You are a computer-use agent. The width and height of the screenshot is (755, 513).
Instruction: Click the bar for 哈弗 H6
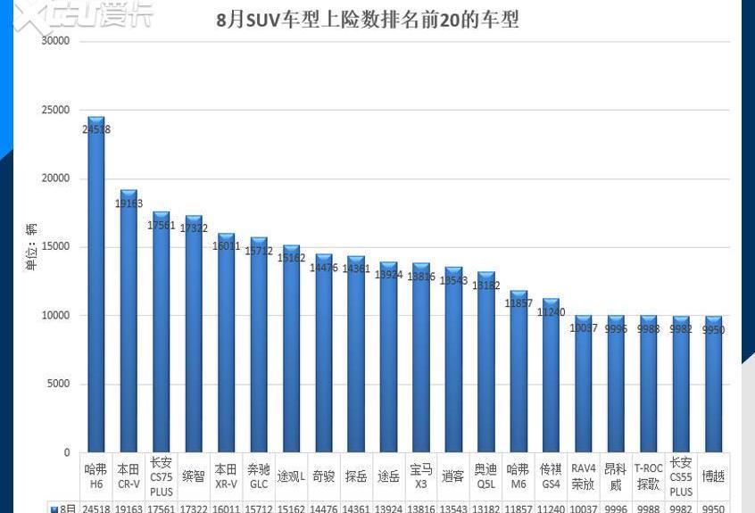pos(95,285)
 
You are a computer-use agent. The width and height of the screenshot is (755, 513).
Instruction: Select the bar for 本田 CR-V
pos(129,321)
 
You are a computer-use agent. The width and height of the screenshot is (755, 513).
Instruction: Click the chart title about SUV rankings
pos(368,19)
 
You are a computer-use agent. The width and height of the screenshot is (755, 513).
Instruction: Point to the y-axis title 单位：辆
pos(30,246)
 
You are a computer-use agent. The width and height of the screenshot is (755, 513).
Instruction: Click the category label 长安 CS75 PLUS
pos(161,476)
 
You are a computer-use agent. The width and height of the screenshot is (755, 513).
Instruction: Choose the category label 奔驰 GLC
pos(258,476)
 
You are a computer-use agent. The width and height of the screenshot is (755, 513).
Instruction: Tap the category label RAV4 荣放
pos(583,476)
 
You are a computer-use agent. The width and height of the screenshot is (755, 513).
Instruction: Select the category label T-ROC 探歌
pos(648,476)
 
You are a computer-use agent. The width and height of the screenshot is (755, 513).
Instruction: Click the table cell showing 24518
pos(95,508)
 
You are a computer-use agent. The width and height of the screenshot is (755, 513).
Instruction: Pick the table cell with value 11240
pos(551,508)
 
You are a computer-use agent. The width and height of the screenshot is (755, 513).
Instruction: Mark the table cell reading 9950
pos(713,508)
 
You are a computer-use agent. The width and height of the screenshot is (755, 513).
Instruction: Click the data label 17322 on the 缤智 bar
pos(194,228)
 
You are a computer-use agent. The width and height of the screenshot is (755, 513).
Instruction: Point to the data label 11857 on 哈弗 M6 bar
pos(519,303)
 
